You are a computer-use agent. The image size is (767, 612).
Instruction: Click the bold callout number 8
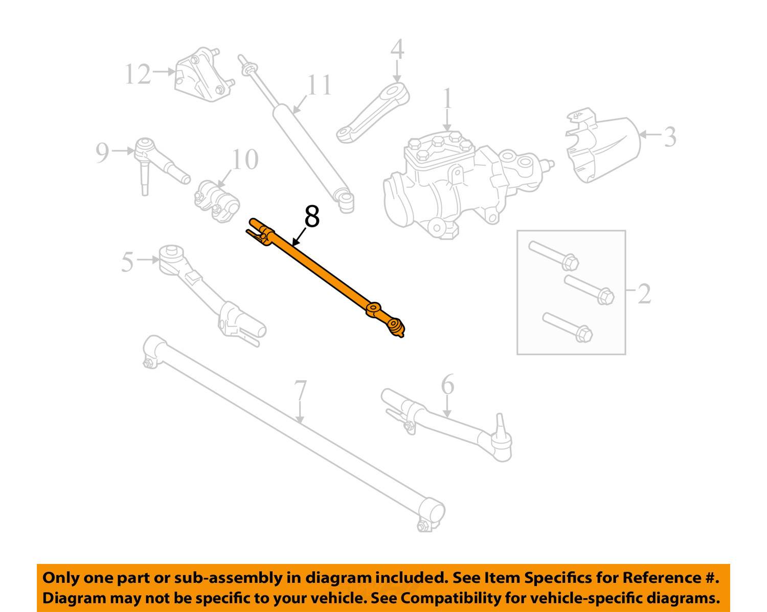coord(311,216)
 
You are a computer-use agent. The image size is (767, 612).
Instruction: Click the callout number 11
coord(319,86)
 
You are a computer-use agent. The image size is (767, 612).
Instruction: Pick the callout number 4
coord(397,50)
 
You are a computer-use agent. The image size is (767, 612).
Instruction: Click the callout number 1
coord(447,99)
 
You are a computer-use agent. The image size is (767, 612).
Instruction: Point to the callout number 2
coord(644,294)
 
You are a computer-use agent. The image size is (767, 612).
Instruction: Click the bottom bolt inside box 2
coord(567,326)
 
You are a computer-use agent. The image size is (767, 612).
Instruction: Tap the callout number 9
coord(102,152)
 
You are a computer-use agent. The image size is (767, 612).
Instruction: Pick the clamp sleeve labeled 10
coord(217,200)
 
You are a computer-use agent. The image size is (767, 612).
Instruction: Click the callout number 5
coord(127,261)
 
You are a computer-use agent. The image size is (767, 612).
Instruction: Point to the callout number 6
coord(447,385)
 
